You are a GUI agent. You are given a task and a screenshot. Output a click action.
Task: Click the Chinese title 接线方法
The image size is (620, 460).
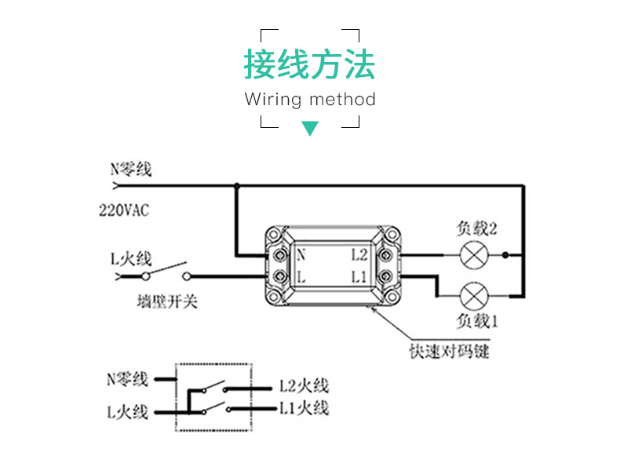(x=309, y=65)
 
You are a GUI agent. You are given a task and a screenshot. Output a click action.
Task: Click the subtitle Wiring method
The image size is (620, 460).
(x=310, y=100)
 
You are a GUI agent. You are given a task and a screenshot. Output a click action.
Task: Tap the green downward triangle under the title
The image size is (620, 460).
(x=311, y=128)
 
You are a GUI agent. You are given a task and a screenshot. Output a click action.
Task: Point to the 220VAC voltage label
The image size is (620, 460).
(x=124, y=210)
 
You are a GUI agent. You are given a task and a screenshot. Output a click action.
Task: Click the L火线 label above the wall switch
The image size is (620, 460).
(x=130, y=257)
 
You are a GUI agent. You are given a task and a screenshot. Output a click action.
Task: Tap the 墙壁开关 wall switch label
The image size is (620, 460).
(x=166, y=302)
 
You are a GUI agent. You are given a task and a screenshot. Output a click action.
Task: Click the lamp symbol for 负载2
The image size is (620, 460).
(x=473, y=255)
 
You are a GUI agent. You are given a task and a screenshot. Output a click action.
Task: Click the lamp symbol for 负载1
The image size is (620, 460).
(x=473, y=296)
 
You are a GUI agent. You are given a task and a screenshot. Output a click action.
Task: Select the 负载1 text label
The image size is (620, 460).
(x=477, y=322)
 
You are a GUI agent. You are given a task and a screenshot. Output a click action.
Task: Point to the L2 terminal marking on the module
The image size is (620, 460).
(x=359, y=255)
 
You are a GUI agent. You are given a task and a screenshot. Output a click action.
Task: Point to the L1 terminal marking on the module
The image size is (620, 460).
(x=359, y=276)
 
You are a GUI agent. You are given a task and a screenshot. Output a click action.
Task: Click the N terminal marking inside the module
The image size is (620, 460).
(x=301, y=255)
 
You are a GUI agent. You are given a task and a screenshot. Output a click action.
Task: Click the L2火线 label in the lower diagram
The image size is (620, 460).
(x=304, y=385)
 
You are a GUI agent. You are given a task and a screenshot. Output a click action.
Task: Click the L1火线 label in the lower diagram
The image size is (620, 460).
(x=304, y=408)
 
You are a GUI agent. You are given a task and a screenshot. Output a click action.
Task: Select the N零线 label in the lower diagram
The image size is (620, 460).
(x=127, y=379)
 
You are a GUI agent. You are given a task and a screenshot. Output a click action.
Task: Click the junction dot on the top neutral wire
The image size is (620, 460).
(x=236, y=186)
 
